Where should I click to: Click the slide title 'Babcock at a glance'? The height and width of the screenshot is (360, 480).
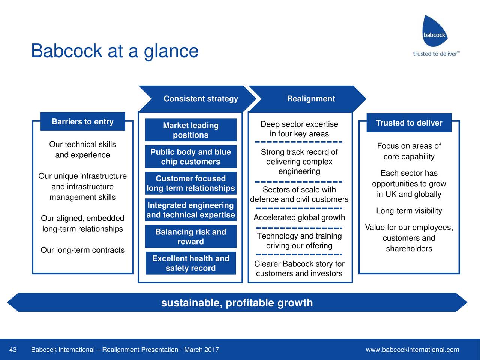(114, 51)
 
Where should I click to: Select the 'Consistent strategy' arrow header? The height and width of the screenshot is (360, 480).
(201, 99)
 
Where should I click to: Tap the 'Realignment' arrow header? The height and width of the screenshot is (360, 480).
(310, 99)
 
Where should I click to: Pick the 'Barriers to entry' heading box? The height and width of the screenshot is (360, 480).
(82, 122)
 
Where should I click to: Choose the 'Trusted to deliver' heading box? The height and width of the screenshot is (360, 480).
(409, 123)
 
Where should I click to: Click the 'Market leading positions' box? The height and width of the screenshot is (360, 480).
(190, 130)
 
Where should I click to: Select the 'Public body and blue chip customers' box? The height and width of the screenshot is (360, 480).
(190, 157)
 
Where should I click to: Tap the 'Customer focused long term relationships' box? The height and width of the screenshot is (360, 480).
(190, 183)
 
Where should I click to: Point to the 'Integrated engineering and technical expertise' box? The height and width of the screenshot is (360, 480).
(190, 210)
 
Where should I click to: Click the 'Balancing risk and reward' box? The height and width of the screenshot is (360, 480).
(190, 237)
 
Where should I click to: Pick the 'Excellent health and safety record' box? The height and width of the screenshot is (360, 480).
(190, 263)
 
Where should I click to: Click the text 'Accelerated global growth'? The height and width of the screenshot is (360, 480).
(299, 218)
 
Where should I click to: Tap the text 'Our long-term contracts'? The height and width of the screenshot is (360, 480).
(82, 250)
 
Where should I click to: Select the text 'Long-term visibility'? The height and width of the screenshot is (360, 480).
(409, 211)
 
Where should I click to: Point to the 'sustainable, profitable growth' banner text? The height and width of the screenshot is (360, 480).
(237, 303)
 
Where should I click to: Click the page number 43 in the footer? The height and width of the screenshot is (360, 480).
(13, 350)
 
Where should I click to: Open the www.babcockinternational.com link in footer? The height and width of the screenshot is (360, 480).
(412, 350)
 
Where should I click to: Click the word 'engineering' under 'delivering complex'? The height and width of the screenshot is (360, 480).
(299, 171)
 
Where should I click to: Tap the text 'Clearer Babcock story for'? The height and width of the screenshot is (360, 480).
(299, 264)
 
